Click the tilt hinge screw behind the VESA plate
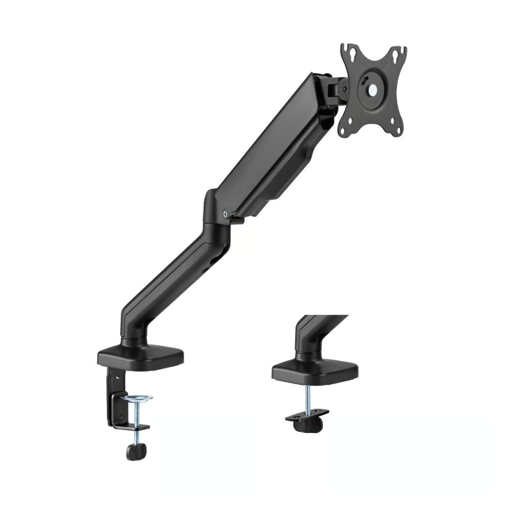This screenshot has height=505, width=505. pos(345,89)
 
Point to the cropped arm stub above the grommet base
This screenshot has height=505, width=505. pos(311,332)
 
